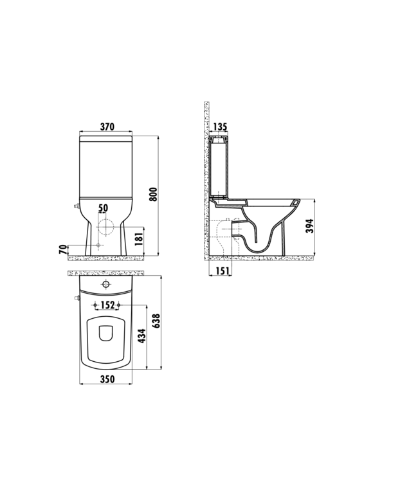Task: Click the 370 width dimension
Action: (107, 127)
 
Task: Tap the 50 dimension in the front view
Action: (104, 208)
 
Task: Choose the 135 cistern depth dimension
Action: (219, 127)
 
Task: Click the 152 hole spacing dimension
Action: (107, 305)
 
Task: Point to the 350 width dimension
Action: (107, 379)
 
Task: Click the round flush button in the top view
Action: (107, 283)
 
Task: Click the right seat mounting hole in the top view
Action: (119, 305)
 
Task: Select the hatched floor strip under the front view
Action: (107, 257)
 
